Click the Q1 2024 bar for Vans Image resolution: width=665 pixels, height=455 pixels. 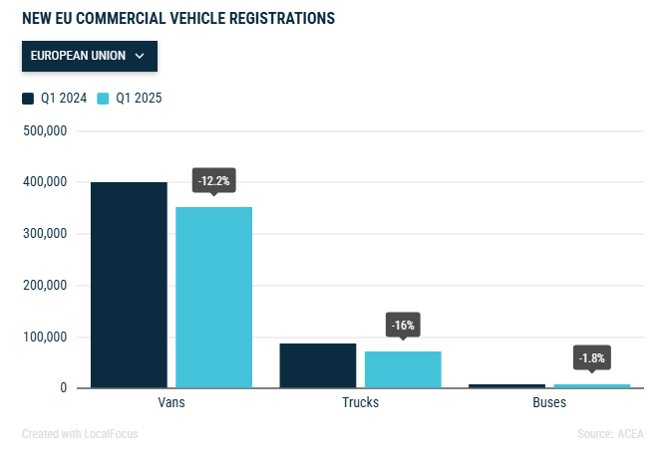[x=129, y=285]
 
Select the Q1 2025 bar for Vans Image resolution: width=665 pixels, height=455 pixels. [x=214, y=297]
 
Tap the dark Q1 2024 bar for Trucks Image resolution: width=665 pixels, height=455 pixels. [x=317, y=365]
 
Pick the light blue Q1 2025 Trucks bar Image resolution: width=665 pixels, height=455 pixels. [x=403, y=369]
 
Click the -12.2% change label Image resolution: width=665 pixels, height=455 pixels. [x=214, y=180]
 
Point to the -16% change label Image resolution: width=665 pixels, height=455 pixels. [x=403, y=325]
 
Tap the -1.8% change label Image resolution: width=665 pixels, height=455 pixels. [x=591, y=357]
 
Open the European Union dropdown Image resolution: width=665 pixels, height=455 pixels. [x=89, y=56]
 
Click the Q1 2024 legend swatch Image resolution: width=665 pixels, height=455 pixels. [x=28, y=99]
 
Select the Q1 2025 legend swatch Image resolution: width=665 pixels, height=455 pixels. [x=103, y=99]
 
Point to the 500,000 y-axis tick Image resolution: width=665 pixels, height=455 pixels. [x=44, y=131]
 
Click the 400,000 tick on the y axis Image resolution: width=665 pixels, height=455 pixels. [x=44, y=183]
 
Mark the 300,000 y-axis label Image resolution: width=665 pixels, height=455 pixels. [x=44, y=234]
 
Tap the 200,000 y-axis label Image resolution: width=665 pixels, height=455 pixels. [x=44, y=286]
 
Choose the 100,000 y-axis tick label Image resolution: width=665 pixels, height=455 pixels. [x=44, y=338]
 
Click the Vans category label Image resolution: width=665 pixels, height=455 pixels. [x=171, y=403]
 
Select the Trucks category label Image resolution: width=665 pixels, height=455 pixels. [x=360, y=403]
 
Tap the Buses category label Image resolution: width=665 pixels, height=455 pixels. [x=548, y=403]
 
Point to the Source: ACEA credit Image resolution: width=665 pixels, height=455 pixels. [x=610, y=434]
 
